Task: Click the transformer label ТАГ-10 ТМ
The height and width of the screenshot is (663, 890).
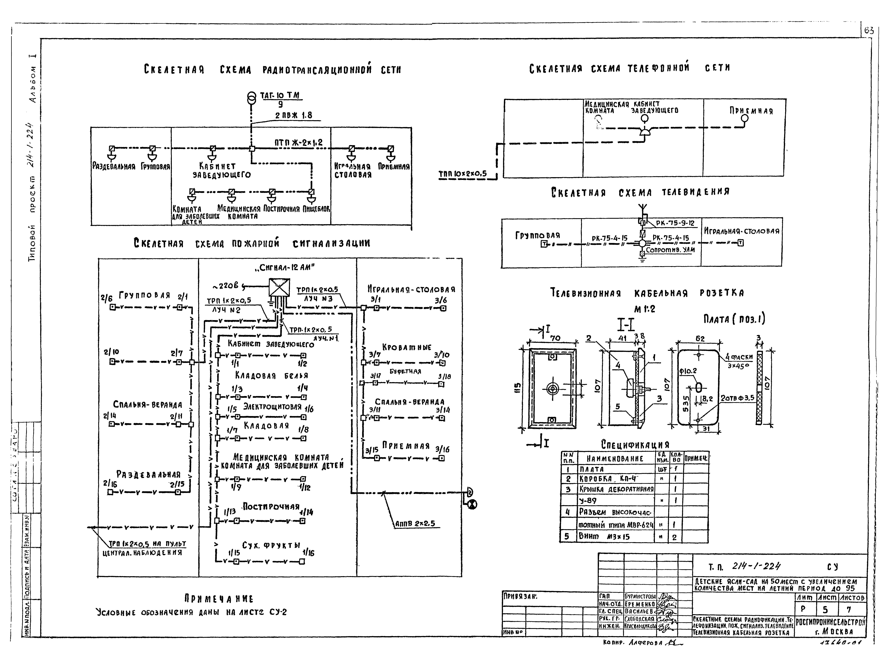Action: point(280,96)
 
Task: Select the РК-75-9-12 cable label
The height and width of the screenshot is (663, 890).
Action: point(675,223)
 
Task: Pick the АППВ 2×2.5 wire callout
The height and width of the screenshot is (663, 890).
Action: point(415,523)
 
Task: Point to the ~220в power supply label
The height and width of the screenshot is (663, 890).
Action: point(227,286)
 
